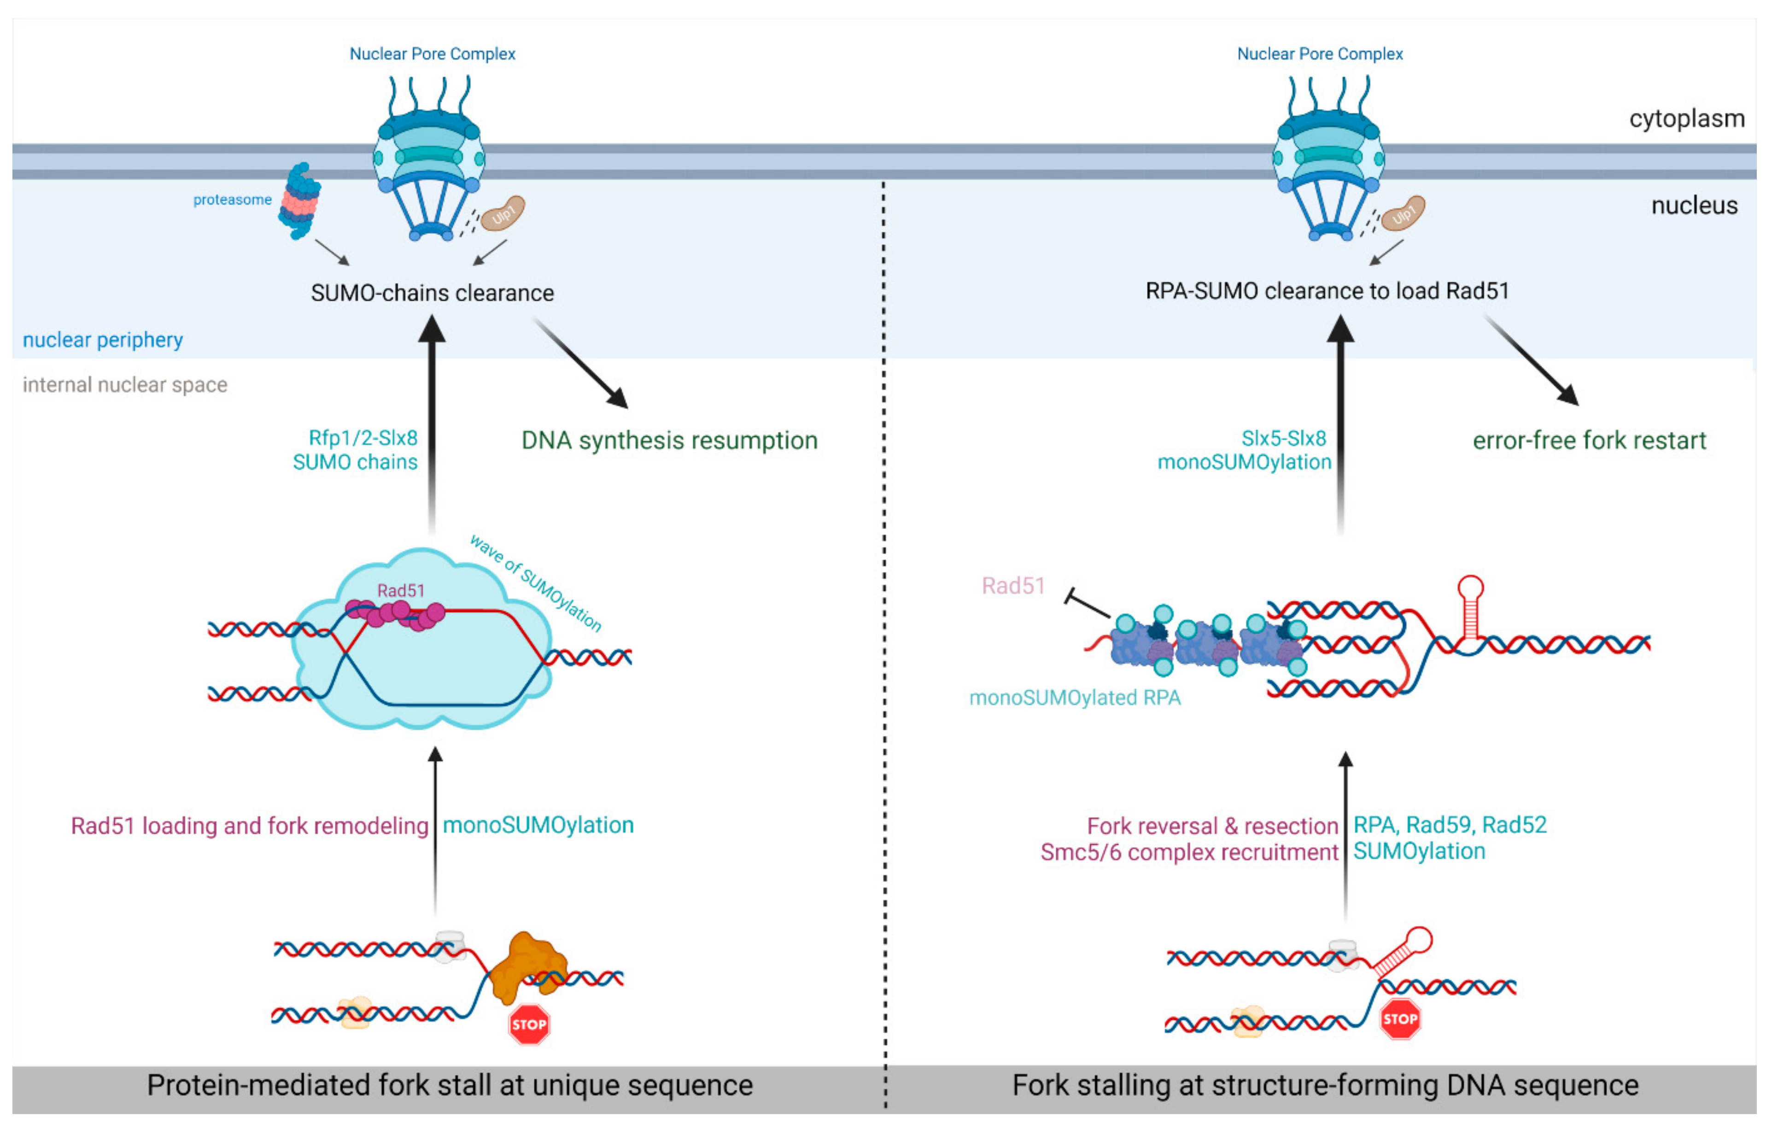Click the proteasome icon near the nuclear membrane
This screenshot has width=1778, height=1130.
[x=299, y=201]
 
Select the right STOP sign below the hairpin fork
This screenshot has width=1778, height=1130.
[x=1399, y=1019]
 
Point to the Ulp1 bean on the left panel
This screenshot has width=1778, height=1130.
[x=503, y=213]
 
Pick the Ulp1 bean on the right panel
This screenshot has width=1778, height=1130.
[x=1403, y=213]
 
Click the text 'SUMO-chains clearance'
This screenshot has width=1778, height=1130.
[x=432, y=293]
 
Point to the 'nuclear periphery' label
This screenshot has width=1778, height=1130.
[x=103, y=340]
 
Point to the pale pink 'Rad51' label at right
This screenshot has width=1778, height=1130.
[x=1013, y=586]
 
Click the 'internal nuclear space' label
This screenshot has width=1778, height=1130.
[x=125, y=385]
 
